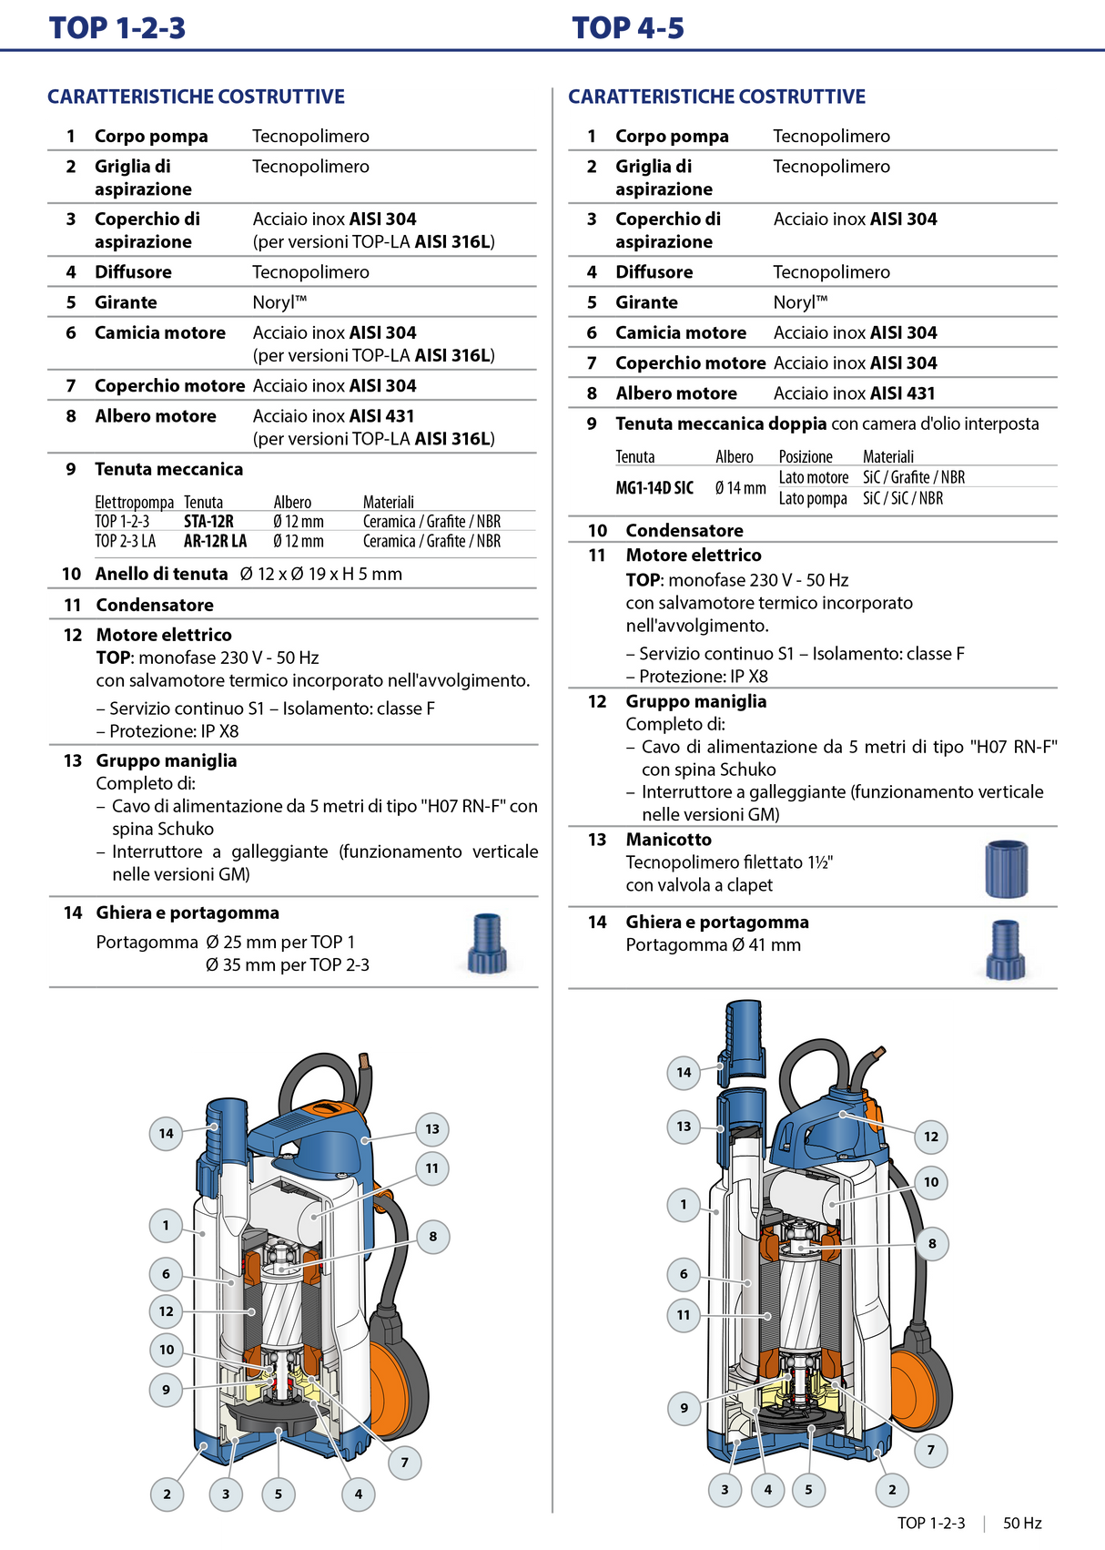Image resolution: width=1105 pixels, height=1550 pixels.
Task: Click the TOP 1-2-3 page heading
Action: (x=117, y=28)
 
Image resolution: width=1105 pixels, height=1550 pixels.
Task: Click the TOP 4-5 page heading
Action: (x=628, y=28)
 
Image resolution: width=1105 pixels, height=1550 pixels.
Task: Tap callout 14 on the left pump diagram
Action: (x=166, y=1133)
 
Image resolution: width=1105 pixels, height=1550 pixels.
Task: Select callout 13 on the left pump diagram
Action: (x=432, y=1129)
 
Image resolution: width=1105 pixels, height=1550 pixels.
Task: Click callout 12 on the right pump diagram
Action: (x=930, y=1137)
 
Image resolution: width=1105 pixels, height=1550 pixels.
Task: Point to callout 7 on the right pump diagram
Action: (x=930, y=1450)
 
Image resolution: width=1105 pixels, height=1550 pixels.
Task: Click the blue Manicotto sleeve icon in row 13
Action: (x=1006, y=868)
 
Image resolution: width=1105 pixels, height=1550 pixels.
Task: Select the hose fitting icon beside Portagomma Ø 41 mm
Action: (x=1005, y=950)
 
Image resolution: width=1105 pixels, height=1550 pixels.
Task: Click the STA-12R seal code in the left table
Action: (x=208, y=522)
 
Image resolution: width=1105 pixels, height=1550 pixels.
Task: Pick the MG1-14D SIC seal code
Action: (x=654, y=488)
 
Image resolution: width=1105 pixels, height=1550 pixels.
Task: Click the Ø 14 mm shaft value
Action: (x=740, y=488)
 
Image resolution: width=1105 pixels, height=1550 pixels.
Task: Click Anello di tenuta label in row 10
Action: (x=161, y=574)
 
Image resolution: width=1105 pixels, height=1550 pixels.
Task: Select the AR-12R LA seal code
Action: (x=215, y=541)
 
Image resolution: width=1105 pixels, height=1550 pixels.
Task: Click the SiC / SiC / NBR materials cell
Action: (x=903, y=498)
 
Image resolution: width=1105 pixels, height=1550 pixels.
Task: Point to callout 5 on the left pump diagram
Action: (x=279, y=1494)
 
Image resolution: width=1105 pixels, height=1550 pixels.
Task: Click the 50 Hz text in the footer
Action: (x=1023, y=1523)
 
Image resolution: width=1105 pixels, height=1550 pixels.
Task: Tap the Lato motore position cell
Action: (x=813, y=477)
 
